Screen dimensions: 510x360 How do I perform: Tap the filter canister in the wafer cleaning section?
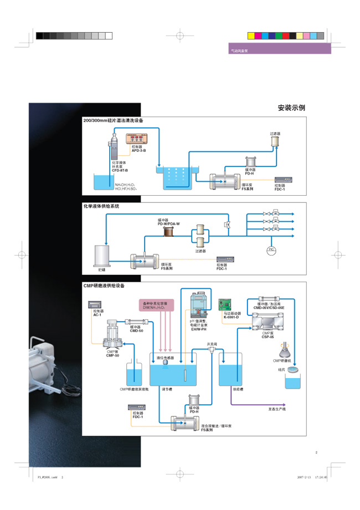tap(275, 142)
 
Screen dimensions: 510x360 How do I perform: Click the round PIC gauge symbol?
tap(271, 251)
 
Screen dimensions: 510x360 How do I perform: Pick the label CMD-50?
tap(136, 330)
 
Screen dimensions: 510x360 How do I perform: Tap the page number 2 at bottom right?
tap(316, 453)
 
